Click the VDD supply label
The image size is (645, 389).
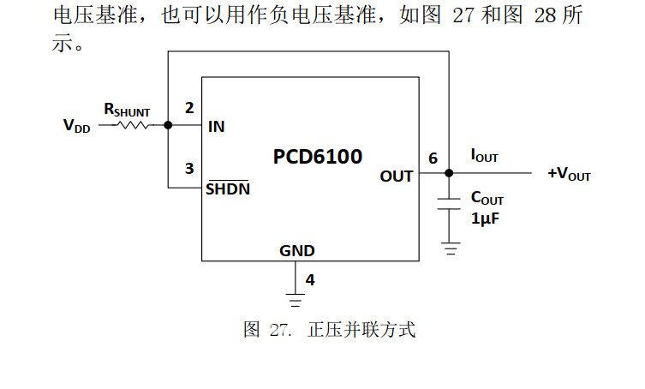[x=76, y=126]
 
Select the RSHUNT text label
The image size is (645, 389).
[x=127, y=110]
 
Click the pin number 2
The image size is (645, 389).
[x=189, y=108]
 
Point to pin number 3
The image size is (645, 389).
[x=189, y=168]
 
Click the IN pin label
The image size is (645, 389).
[x=217, y=127]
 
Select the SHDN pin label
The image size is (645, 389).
[x=228, y=189]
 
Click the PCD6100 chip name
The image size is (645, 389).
[x=318, y=157]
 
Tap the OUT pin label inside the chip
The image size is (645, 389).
[x=397, y=177]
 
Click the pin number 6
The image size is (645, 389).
[x=433, y=159]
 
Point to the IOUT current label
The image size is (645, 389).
[x=484, y=156]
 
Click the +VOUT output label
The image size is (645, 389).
[x=569, y=176]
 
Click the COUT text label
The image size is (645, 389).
[x=487, y=199]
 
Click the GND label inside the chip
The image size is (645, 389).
[x=296, y=251]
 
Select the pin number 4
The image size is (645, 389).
[x=310, y=279]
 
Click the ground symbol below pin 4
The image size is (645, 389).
[x=296, y=300]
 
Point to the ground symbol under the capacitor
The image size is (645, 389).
[x=448, y=249]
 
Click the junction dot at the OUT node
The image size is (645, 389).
[x=448, y=173]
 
